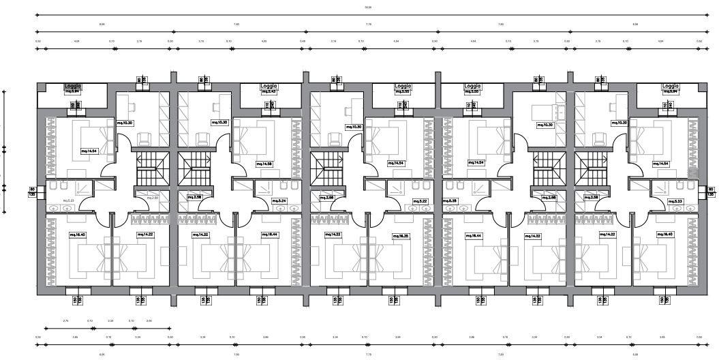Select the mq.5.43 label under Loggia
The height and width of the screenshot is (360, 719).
(x=269, y=92)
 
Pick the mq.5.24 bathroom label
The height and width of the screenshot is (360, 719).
(x=279, y=201)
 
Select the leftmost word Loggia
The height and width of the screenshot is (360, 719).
(x=73, y=87)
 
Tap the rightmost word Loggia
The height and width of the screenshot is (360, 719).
(x=671, y=87)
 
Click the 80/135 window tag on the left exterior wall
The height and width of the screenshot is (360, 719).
(x=32, y=192)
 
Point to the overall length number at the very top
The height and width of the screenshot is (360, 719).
(x=368, y=7)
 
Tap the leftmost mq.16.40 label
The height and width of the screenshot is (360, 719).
(x=77, y=235)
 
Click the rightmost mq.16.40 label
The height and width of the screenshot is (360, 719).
(x=664, y=235)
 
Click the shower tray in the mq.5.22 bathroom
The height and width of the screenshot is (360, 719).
(x=397, y=188)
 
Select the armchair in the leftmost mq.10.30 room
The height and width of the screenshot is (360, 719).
(x=144, y=139)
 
